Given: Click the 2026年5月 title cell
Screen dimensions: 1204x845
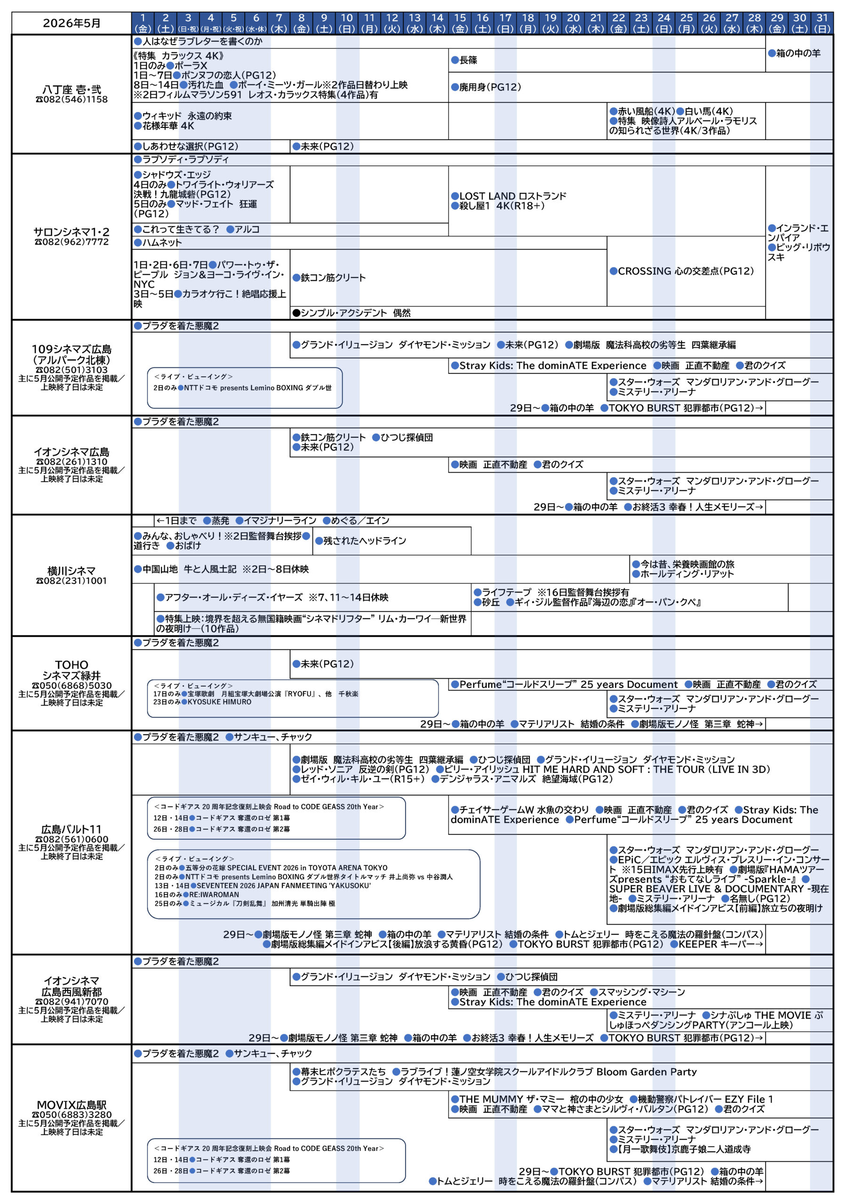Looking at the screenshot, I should (x=72, y=23).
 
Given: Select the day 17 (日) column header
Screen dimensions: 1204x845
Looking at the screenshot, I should (x=505, y=23).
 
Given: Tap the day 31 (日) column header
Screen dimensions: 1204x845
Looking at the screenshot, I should (x=822, y=23).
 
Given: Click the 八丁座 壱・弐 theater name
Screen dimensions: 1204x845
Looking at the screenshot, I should (x=72, y=90).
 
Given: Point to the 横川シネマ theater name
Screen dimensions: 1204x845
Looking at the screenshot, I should (x=72, y=570).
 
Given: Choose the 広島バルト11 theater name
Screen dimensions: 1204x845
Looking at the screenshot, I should (x=72, y=829).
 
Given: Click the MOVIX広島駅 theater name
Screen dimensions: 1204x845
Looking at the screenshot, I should (x=72, y=1105).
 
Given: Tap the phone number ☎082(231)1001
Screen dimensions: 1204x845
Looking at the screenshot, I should (x=72, y=580).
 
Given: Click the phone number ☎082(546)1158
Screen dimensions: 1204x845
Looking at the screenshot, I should (x=72, y=99).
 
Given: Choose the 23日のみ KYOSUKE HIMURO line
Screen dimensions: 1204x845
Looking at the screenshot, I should (x=202, y=702).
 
